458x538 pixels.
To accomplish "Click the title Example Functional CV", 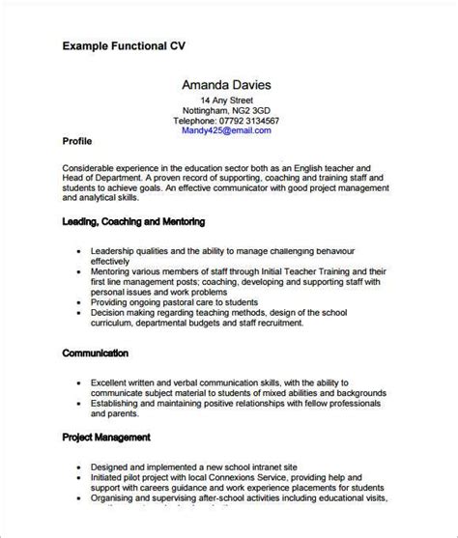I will [x=123, y=44].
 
